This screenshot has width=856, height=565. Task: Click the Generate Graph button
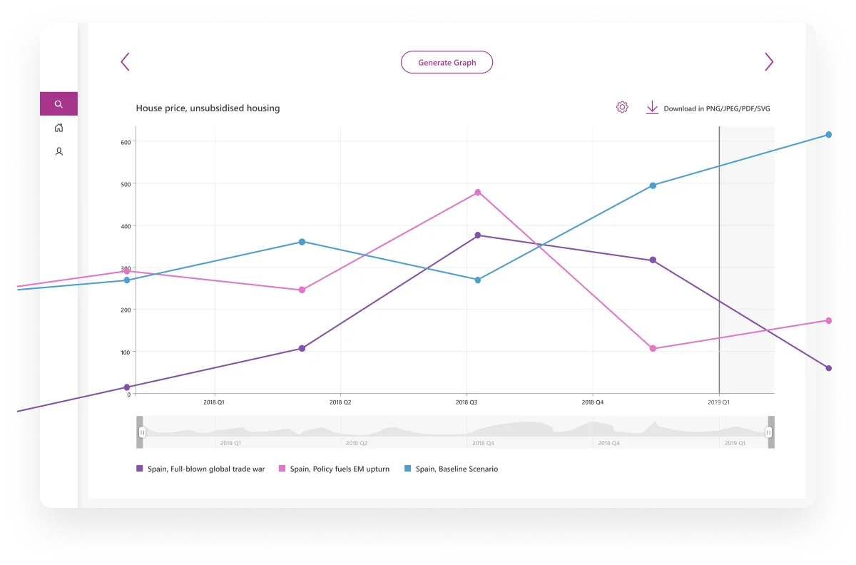point(447,62)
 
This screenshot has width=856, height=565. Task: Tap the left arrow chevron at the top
point(126,62)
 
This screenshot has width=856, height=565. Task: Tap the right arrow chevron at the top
point(768,62)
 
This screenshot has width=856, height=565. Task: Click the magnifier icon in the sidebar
point(58,104)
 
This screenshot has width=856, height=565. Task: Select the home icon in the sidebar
point(58,128)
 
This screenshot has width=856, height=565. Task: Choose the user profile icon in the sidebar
point(58,151)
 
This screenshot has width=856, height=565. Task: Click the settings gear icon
point(622,108)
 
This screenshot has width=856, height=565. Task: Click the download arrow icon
point(652,108)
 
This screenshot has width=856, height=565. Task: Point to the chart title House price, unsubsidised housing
point(208,108)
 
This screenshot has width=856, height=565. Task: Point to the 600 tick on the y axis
point(126,142)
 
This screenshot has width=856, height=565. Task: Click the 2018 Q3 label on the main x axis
point(467,402)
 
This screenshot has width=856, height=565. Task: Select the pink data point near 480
point(478,193)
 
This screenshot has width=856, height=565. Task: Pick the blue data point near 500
point(653,185)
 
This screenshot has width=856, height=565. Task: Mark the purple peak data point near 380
point(478,235)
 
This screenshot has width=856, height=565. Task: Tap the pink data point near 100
point(653,349)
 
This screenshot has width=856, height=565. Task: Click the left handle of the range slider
point(142,432)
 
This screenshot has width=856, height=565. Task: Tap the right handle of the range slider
point(768,432)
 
